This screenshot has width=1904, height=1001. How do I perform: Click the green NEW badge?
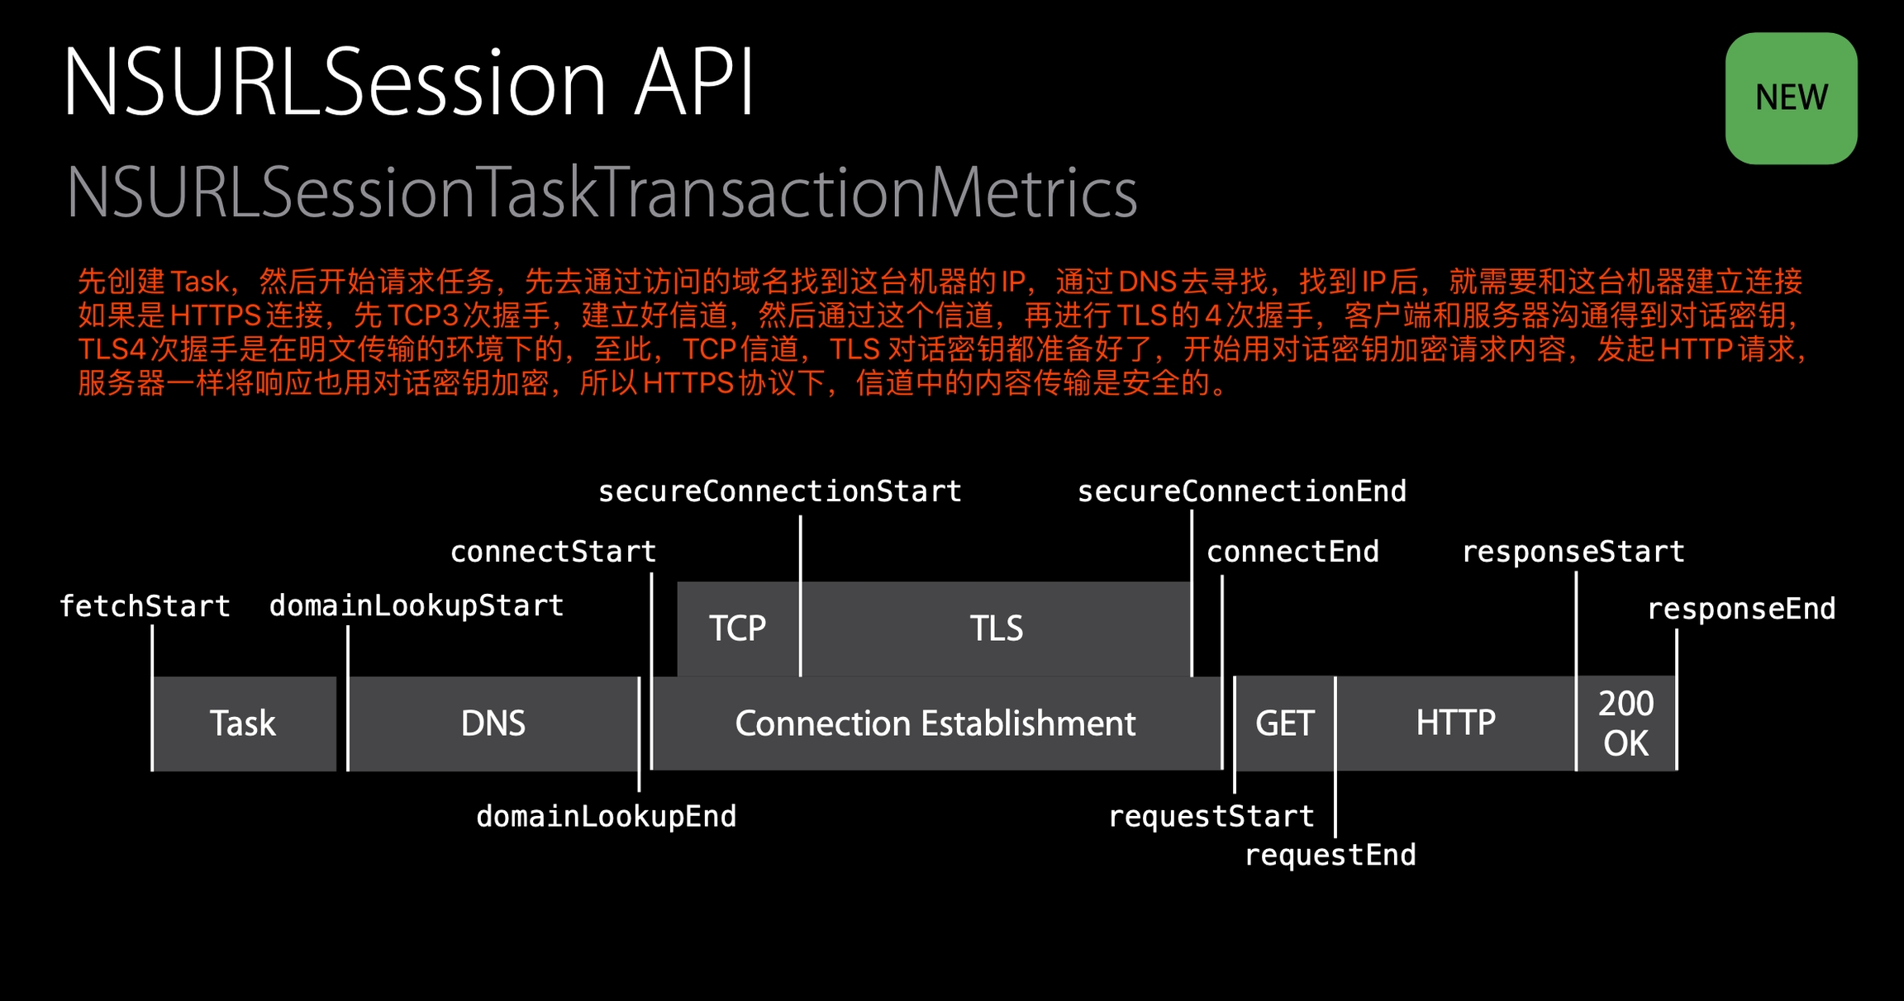coord(1791,98)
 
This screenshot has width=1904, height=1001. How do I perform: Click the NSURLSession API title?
coord(408,83)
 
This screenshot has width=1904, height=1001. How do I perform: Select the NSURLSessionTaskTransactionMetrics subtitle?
coord(602,192)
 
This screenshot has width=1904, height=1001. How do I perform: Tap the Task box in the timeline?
coord(244,723)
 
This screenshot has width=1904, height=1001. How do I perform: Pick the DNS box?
coord(493,723)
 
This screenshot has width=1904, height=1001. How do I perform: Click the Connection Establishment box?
coord(935,723)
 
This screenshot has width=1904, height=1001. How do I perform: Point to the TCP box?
coord(737,629)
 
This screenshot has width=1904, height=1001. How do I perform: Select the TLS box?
coord(996,629)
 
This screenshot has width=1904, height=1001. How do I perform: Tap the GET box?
coord(1284,723)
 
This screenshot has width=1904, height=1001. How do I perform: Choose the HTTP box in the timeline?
coord(1455,723)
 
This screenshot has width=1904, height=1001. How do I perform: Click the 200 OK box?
coord(1626,723)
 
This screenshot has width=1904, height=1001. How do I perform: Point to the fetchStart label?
coord(145,606)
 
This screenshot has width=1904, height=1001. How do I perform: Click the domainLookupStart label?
coord(416,605)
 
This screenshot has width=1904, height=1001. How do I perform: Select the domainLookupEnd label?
coord(606,817)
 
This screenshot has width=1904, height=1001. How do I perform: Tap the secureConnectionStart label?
coord(779,491)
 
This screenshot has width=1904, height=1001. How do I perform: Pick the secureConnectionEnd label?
coord(1241,491)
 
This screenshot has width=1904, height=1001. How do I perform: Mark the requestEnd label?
coord(1330,856)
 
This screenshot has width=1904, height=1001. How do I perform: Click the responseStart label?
coord(1573,552)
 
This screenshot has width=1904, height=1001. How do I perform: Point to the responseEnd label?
coord(1741,609)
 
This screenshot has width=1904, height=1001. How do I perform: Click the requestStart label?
coord(1211,817)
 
